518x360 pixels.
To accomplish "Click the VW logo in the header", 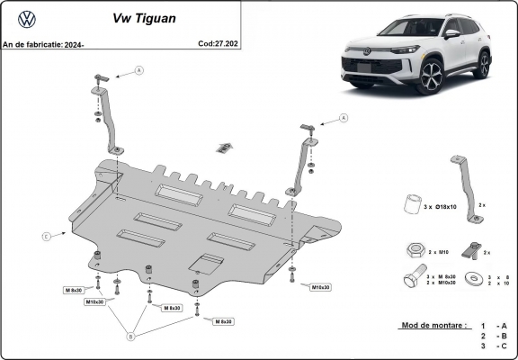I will point(26,17).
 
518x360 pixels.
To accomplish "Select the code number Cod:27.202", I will point(218,42).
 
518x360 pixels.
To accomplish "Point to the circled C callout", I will point(45,237).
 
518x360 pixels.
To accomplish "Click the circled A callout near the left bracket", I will point(138,70).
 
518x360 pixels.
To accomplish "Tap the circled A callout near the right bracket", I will point(344,118).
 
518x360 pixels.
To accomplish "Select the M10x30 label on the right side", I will point(320,287).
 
